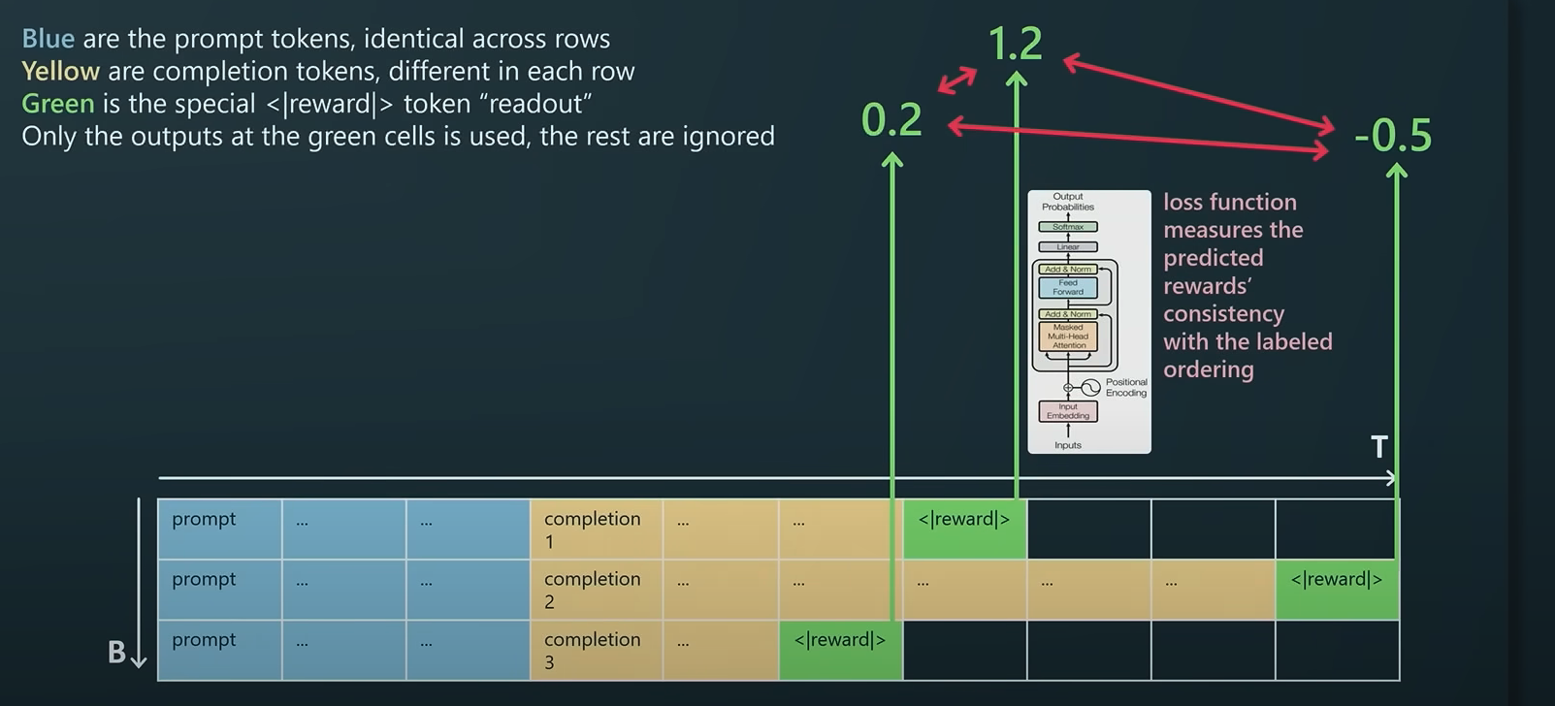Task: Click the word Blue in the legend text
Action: (49, 39)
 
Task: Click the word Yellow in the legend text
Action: (60, 72)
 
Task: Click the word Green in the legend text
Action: (58, 104)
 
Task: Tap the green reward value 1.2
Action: (1015, 44)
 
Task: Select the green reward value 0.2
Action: (891, 120)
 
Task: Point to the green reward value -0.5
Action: (1393, 136)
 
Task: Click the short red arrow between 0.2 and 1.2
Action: (957, 80)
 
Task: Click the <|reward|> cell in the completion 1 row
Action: (964, 529)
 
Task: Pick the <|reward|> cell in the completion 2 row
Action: (1337, 590)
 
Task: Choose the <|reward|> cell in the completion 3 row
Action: (840, 650)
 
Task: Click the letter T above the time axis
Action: (1378, 447)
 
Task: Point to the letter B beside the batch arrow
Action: (116, 653)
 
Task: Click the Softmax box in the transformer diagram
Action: (1068, 227)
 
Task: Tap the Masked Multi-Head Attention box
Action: (1068, 337)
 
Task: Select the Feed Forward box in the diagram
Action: (1068, 288)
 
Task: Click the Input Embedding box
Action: (1068, 411)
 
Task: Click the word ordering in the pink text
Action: (1209, 370)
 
